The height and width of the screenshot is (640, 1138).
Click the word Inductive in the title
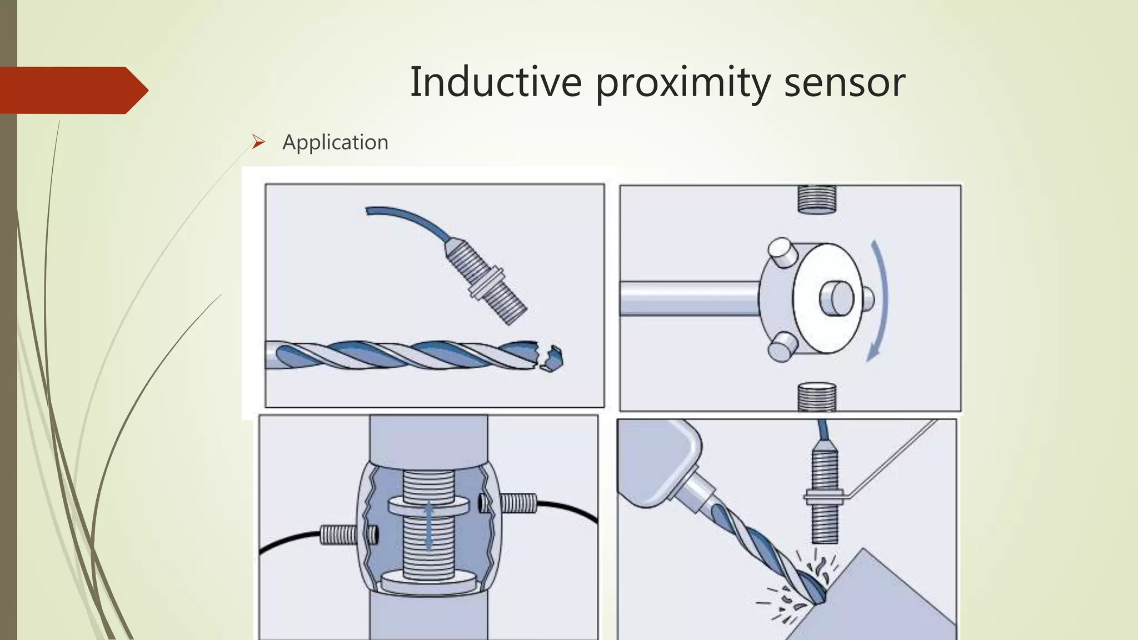496,82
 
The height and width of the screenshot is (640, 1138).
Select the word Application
335,142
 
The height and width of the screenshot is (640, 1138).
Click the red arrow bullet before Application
258,142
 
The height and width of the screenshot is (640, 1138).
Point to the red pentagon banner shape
72,90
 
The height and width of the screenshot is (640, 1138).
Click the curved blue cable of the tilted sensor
406,219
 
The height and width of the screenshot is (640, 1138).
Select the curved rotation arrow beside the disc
880,300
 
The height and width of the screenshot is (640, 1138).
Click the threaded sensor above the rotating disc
816,199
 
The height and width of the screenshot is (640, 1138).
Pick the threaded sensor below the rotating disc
816,397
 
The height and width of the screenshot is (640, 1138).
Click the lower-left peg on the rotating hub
780,347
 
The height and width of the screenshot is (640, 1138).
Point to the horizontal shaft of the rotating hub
689,298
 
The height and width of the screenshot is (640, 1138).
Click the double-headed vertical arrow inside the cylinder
428,524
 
